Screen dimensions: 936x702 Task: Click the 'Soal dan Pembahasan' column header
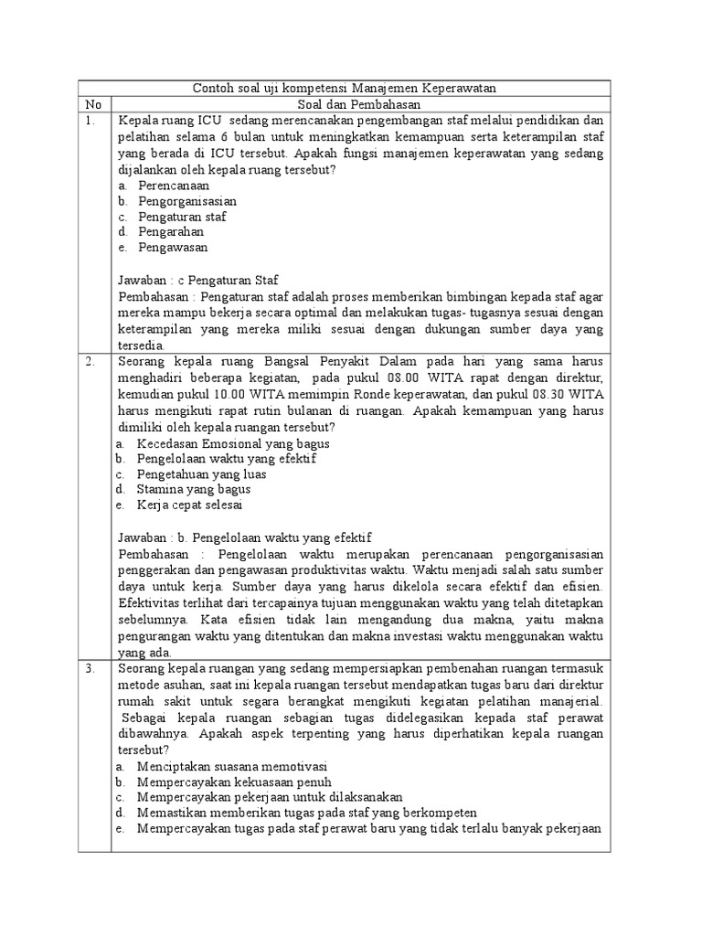tap(360, 104)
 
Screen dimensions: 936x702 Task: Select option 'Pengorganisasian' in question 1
tap(187, 200)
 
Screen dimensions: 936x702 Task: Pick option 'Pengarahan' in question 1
tap(171, 232)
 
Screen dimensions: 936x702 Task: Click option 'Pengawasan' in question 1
tap(173, 248)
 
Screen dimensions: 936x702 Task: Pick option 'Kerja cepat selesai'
tap(189, 505)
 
